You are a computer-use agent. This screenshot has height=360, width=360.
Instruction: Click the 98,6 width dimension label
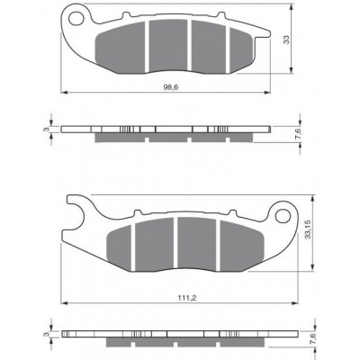[169, 87]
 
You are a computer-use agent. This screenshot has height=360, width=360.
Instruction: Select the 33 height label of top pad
[287, 40]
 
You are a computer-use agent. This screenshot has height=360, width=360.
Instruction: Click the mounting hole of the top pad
[76, 18]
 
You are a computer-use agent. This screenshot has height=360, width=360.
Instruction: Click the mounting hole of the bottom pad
[283, 216]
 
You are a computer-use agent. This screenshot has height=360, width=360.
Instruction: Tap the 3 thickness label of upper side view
[46, 130]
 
